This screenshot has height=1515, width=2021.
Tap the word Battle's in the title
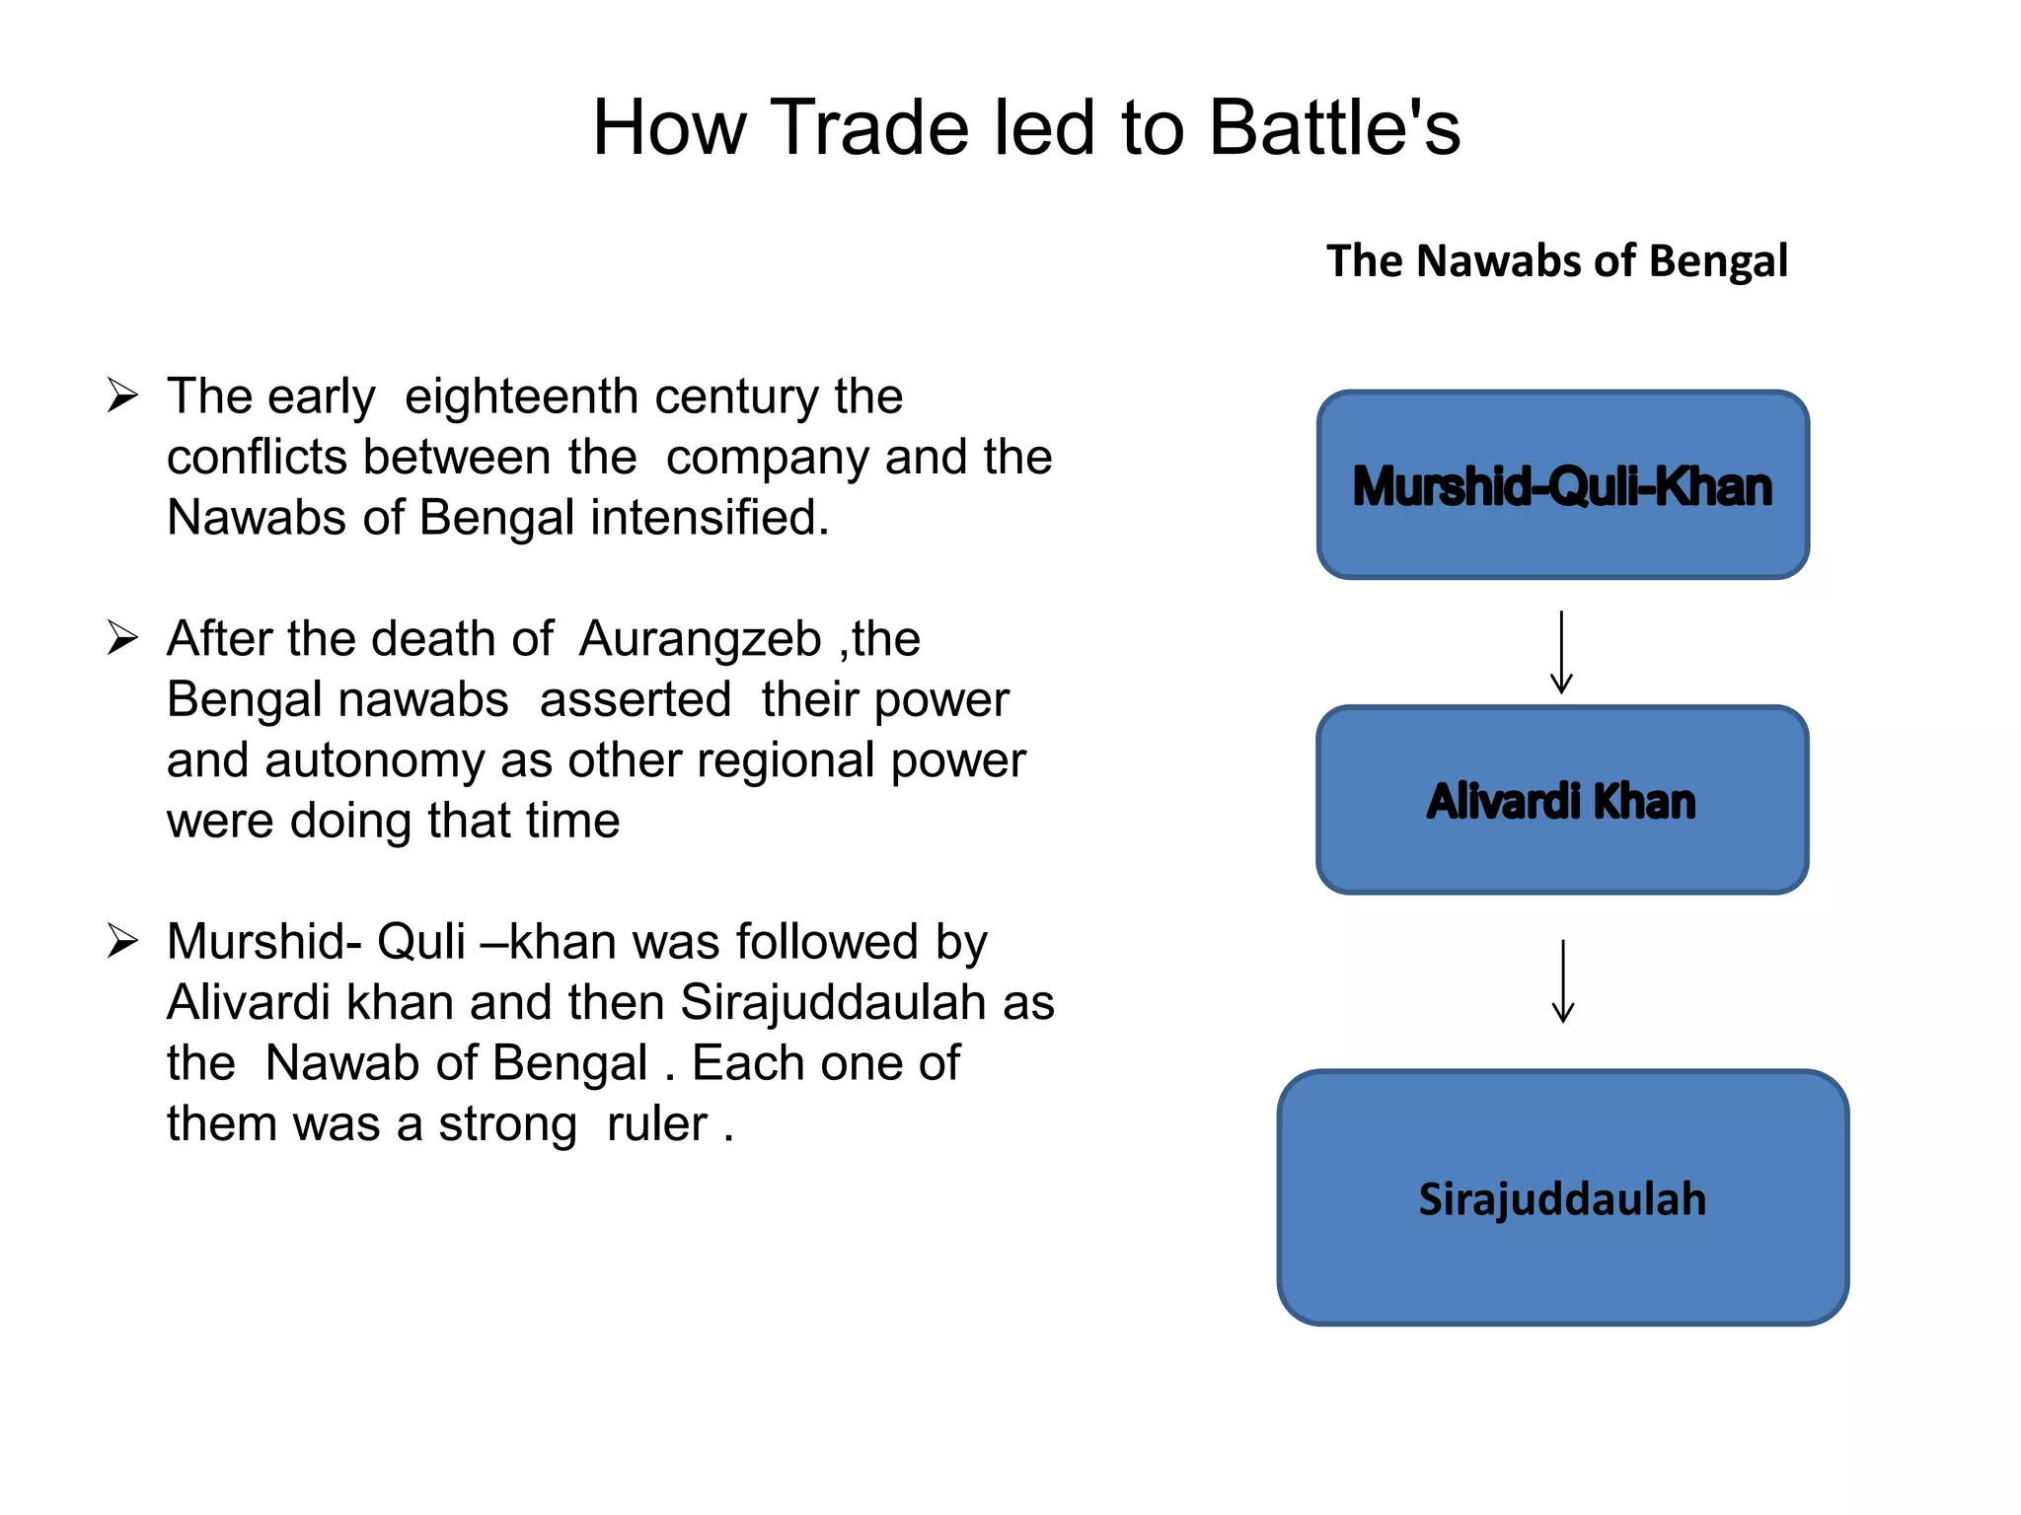pyautogui.click(x=1334, y=128)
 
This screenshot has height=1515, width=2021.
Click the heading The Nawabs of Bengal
pyautogui.click(x=1556, y=261)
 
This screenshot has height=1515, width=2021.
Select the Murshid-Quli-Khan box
pyautogui.click(x=1562, y=484)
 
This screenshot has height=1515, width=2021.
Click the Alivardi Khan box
pyautogui.click(x=1562, y=800)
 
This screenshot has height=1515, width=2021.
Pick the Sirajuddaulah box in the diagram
pyautogui.click(x=1562, y=1197)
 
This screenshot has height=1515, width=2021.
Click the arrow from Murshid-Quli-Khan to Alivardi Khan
pyautogui.click(x=1561, y=652)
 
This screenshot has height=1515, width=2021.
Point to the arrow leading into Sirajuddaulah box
pyautogui.click(x=1562, y=981)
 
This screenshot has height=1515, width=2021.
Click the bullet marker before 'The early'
pyautogui.click(x=122, y=396)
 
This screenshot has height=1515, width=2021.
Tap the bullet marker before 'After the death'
pyautogui.click(x=122, y=638)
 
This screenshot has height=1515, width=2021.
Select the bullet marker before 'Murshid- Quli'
pyautogui.click(x=122, y=941)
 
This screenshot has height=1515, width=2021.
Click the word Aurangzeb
pyautogui.click(x=700, y=639)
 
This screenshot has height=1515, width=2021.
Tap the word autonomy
pyautogui.click(x=374, y=760)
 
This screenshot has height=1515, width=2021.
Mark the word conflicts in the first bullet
pyautogui.click(x=257, y=458)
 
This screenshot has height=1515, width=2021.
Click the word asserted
pyautogui.click(x=635, y=699)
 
